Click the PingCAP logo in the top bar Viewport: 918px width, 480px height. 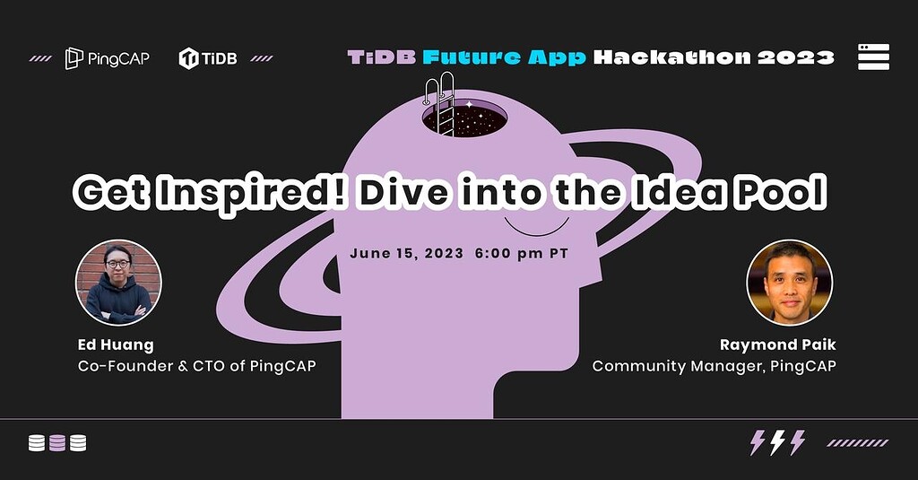(x=107, y=59)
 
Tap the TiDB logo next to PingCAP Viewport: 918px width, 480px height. (x=208, y=59)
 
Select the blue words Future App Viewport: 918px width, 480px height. (x=505, y=57)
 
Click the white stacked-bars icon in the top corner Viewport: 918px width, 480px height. (x=873, y=57)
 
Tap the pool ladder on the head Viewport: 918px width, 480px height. (x=441, y=103)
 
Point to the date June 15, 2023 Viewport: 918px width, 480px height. (x=406, y=253)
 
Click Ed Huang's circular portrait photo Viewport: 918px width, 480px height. (x=118, y=282)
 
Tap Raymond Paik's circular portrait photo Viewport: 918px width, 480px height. (x=789, y=282)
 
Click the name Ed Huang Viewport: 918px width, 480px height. (x=115, y=345)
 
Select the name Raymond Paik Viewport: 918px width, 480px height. (x=778, y=345)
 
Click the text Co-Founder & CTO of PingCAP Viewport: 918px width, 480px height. (x=196, y=366)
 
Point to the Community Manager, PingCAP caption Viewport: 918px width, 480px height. (x=714, y=366)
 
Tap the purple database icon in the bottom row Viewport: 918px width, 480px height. (x=57, y=443)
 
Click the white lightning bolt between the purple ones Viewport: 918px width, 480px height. (x=777, y=442)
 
